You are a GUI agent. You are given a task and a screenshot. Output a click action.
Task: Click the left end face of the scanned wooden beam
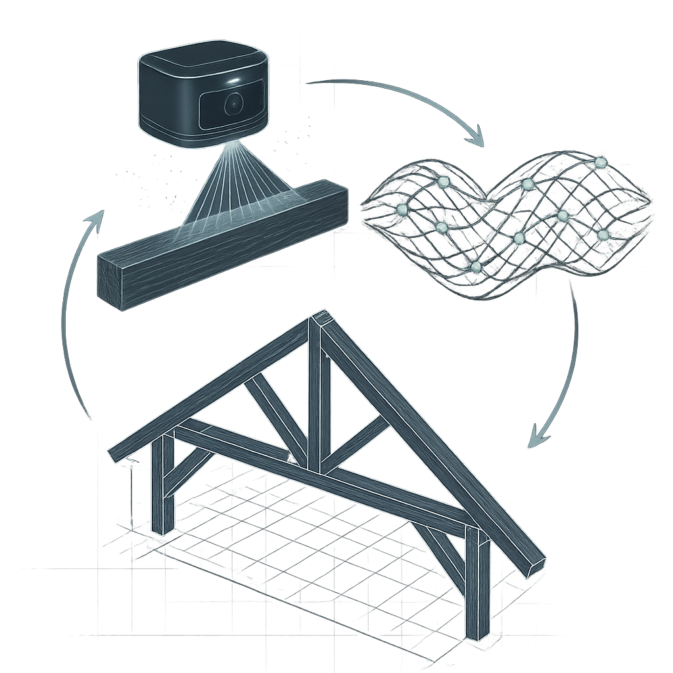(x=110, y=281)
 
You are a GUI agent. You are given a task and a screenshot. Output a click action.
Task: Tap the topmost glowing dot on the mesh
(x=599, y=162)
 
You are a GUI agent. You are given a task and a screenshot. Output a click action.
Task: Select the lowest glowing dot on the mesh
(x=476, y=266)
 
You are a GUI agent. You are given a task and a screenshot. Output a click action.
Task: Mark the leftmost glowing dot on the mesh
(x=402, y=210)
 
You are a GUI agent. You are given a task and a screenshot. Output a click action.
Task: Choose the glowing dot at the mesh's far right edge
(x=603, y=235)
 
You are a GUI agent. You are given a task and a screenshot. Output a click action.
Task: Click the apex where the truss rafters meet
(x=321, y=319)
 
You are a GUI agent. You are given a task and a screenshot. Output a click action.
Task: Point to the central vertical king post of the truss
(x=315, y=394)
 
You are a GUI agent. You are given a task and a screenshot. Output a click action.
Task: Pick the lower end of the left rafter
(x=118, y=453)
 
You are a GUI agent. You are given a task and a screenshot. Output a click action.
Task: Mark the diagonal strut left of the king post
(x=276, y=421)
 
